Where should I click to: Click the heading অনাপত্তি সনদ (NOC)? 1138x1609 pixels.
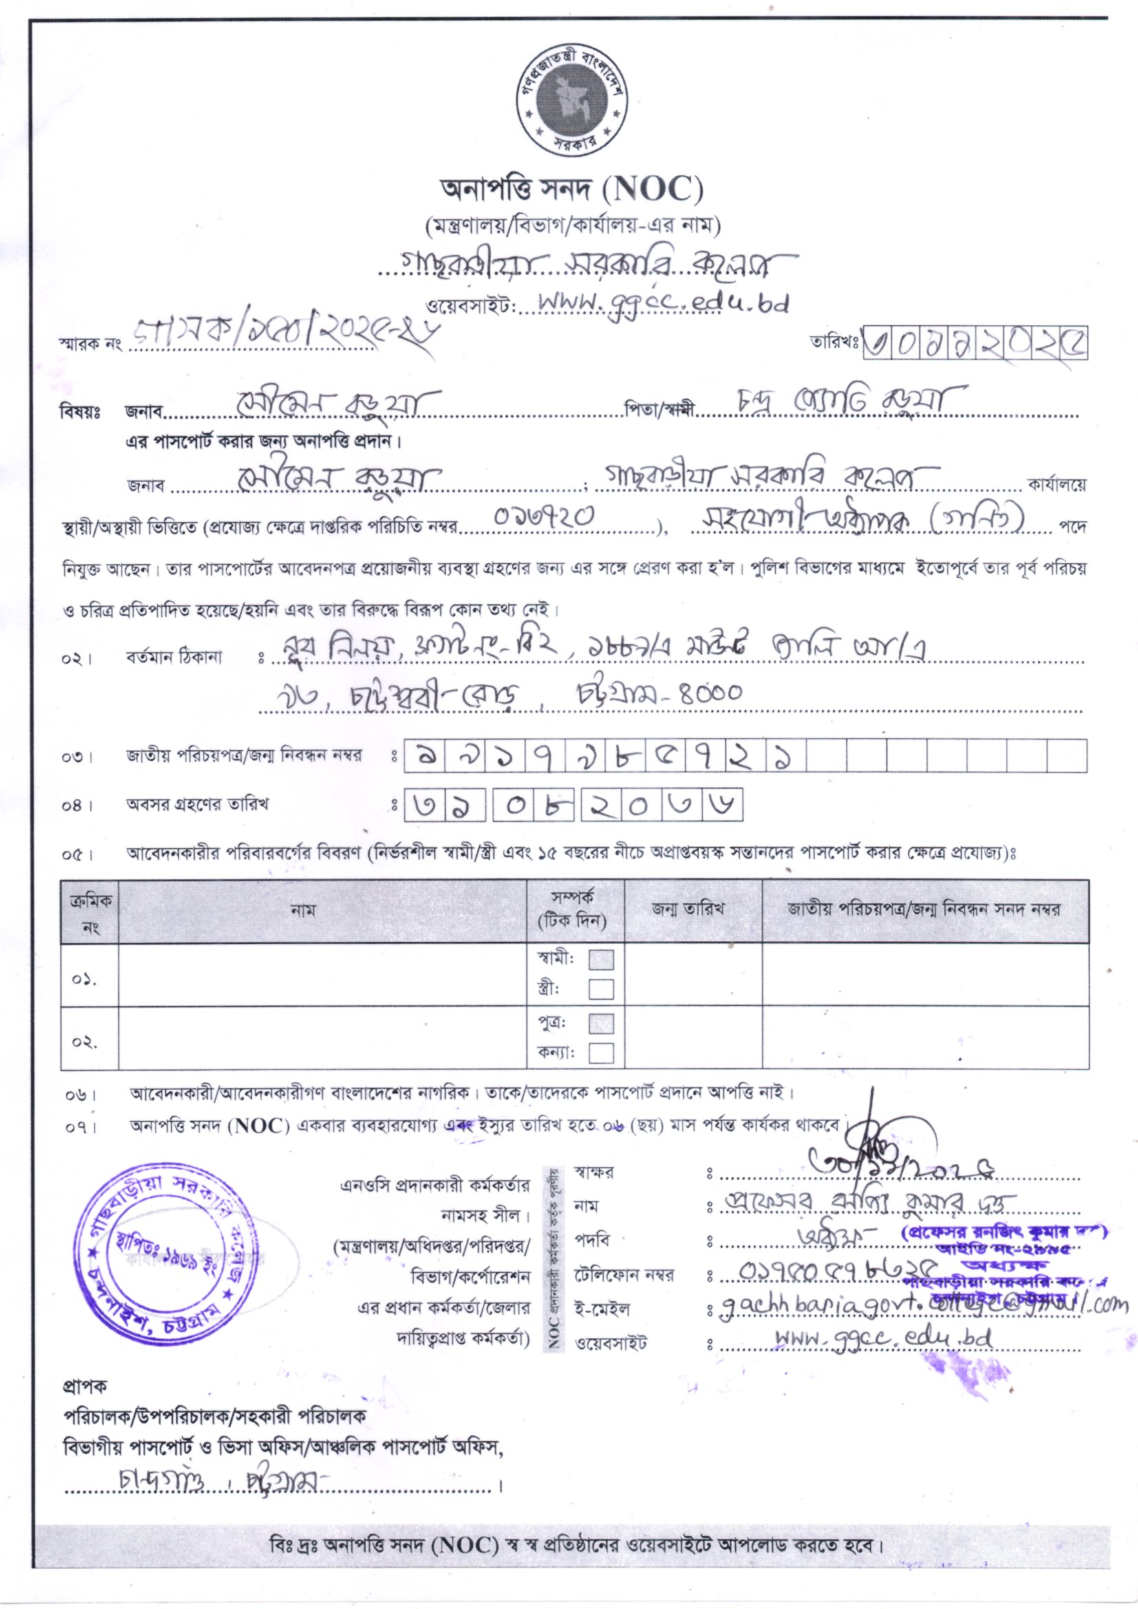(571, 189)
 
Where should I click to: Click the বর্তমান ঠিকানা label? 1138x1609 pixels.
(175, 658)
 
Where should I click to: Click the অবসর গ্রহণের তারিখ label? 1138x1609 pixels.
(197, 804)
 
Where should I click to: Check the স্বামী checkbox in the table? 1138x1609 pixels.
(601, 959)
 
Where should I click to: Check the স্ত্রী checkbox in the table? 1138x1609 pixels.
(601, 990)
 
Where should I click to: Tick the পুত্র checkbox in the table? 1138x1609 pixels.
(601, 1024)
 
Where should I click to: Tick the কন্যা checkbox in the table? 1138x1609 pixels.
(601, 1053)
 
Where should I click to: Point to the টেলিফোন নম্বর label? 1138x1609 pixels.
(624, 1275)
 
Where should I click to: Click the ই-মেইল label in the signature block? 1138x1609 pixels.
(602, 1308)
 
